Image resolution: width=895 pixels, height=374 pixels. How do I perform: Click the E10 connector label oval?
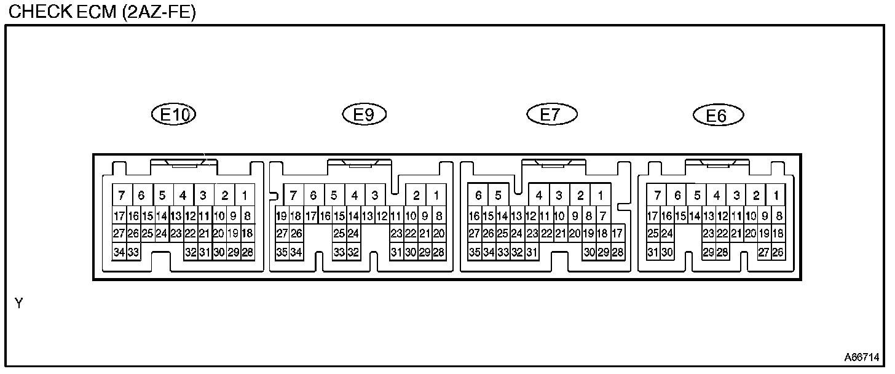(x=173, y=114)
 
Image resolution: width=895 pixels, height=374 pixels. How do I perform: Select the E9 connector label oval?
(x=364, y=114)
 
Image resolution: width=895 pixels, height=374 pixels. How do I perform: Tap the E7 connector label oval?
(x=551, y=114)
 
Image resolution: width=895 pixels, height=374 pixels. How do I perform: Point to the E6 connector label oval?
(x=717, y=115)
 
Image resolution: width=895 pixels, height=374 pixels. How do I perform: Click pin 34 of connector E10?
(x=119, y=252)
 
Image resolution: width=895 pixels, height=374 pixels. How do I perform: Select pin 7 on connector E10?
(x=122, y=196)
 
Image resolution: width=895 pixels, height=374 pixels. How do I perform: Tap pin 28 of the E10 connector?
(x=248, y=252)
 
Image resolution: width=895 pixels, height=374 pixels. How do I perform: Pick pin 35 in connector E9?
(x=282, y=252)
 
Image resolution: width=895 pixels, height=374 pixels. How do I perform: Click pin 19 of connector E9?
(x=282, y=216)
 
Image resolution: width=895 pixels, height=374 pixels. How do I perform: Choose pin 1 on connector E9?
(x=436, y=196)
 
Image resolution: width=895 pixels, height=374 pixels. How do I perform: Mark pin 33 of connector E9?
(x=339, y=252)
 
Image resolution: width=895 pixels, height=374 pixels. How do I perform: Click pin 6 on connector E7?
(x=478, y=196)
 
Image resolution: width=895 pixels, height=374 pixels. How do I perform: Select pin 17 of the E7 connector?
(x=617, y=234)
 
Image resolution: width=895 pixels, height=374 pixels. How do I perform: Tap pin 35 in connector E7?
(x=474, y=252)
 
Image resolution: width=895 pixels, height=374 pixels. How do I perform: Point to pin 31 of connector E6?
(x=653, y=252)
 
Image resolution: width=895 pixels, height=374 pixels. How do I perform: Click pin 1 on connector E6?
(x=777, y=196)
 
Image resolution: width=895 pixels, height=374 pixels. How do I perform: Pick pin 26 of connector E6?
(x=778, y=252)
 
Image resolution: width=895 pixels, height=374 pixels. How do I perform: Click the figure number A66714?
(x=861, y=357)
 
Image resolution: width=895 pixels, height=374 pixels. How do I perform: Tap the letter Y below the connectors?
(x=18, y=303)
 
